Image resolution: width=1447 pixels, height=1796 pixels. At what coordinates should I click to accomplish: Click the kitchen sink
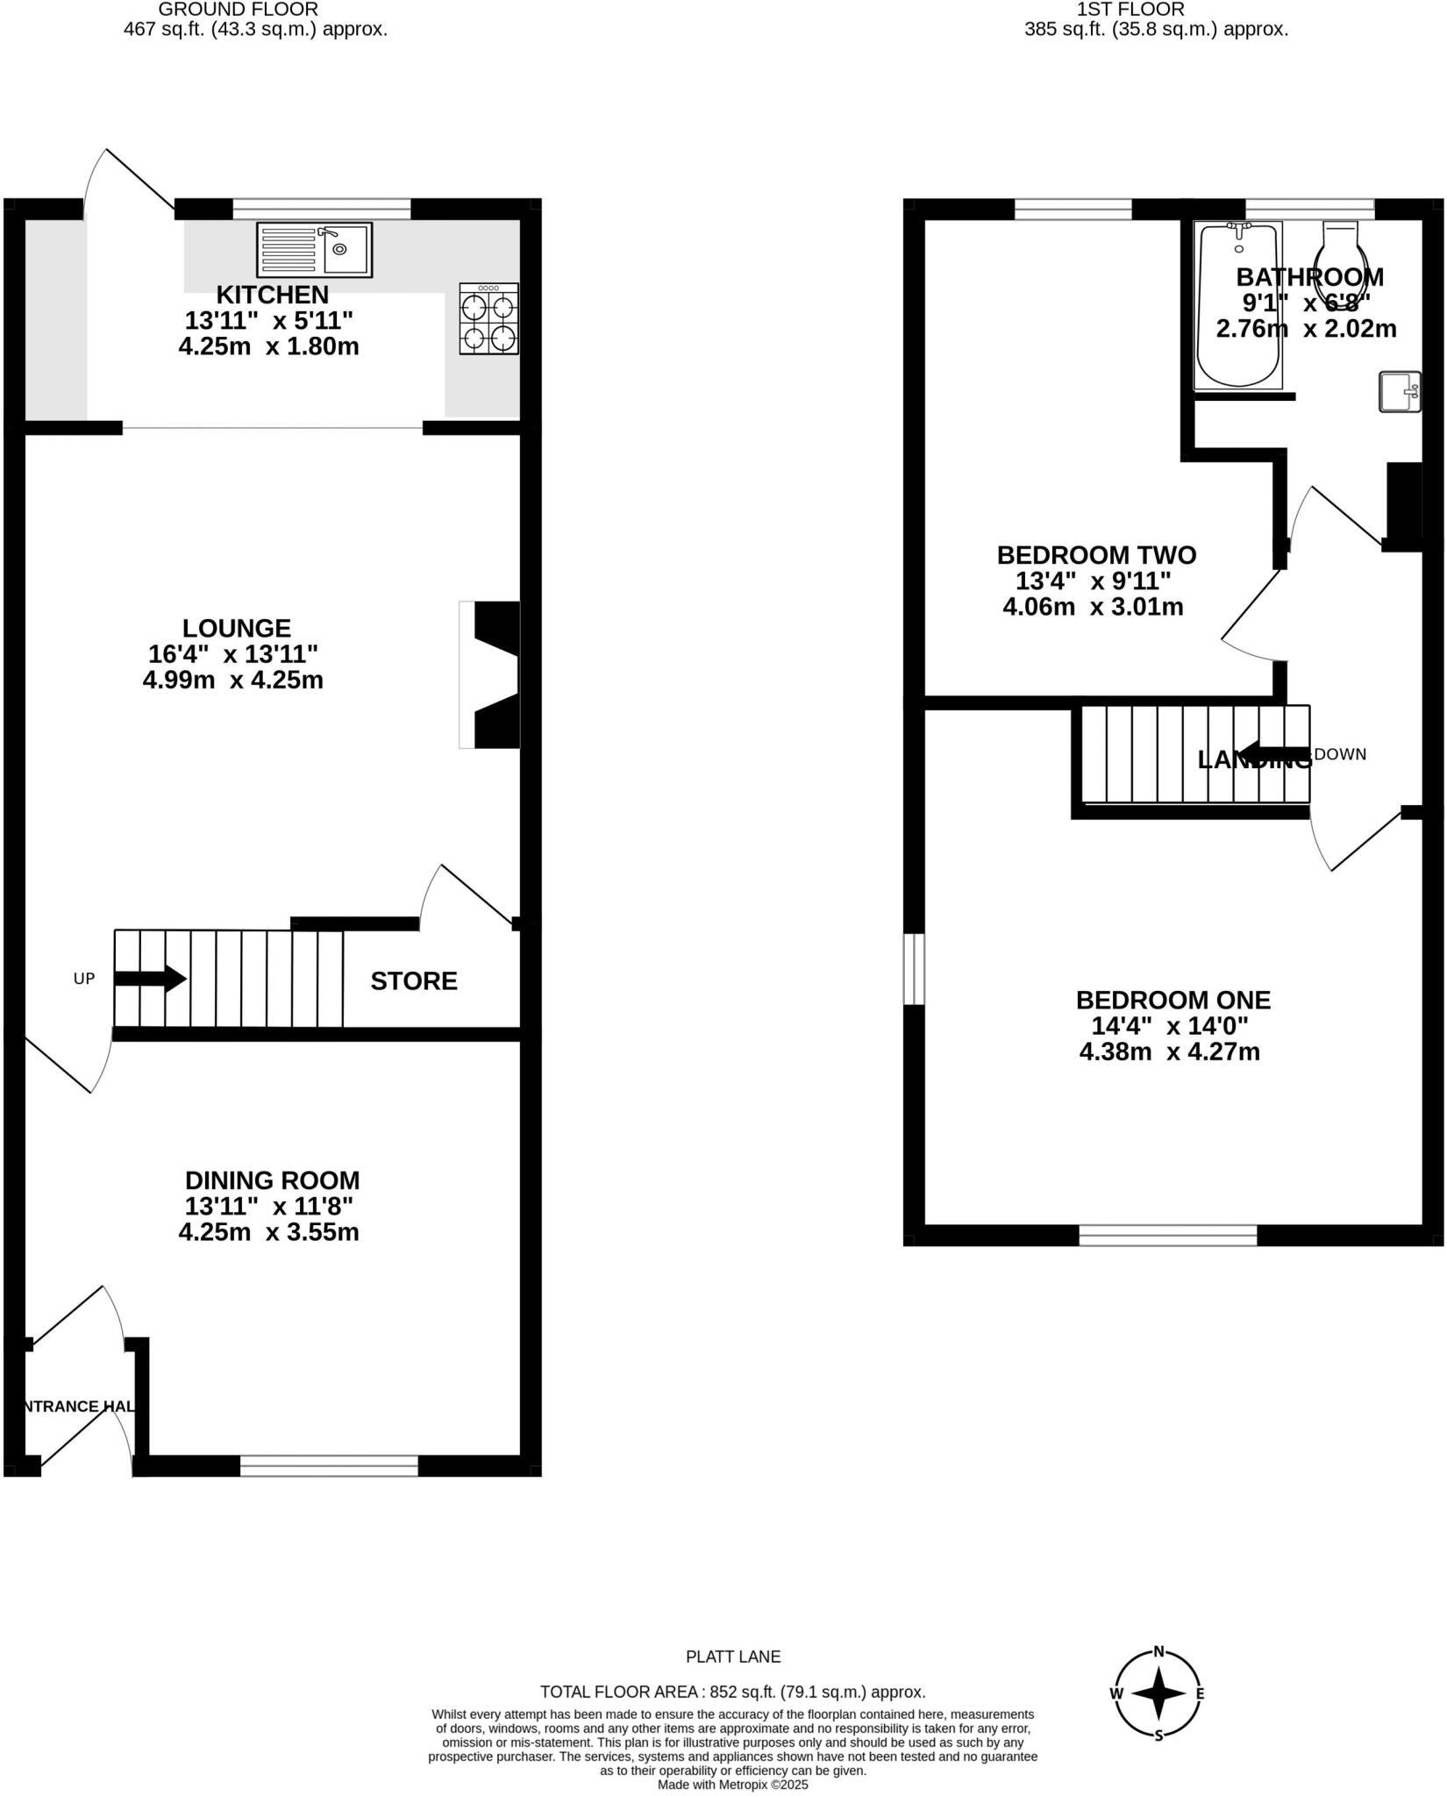tap(314, 248)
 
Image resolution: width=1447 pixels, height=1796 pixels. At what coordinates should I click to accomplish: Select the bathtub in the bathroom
tap(1238, 305)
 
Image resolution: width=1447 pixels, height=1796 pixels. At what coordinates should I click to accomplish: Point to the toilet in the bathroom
tap(1341, 254)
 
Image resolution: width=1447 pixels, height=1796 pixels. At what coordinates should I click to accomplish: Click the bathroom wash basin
tap(1399, 392)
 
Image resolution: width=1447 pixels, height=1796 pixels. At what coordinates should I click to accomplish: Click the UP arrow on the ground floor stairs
tap(150, 979)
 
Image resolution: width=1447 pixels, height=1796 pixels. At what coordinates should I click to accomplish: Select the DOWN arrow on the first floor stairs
tap(1276, 753)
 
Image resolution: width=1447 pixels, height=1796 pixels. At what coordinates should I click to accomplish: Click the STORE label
tap(414, 981)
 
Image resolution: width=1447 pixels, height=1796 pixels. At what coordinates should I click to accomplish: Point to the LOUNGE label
tap(236, 628)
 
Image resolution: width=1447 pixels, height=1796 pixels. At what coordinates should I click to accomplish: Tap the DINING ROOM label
tap(272, 1180)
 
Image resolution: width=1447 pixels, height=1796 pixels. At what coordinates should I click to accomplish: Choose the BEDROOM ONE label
tap(1173, 1000)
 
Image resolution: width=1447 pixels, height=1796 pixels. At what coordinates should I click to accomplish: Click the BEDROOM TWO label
tap(1096, 555)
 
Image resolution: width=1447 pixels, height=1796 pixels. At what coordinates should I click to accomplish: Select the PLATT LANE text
tap(732, 1657)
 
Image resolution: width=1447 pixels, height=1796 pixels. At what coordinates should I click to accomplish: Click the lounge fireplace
tap(491, 674)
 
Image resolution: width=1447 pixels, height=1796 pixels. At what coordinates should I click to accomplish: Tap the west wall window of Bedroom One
tap(914, 968)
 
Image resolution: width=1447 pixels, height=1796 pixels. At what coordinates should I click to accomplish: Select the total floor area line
tap(732, 1692)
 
